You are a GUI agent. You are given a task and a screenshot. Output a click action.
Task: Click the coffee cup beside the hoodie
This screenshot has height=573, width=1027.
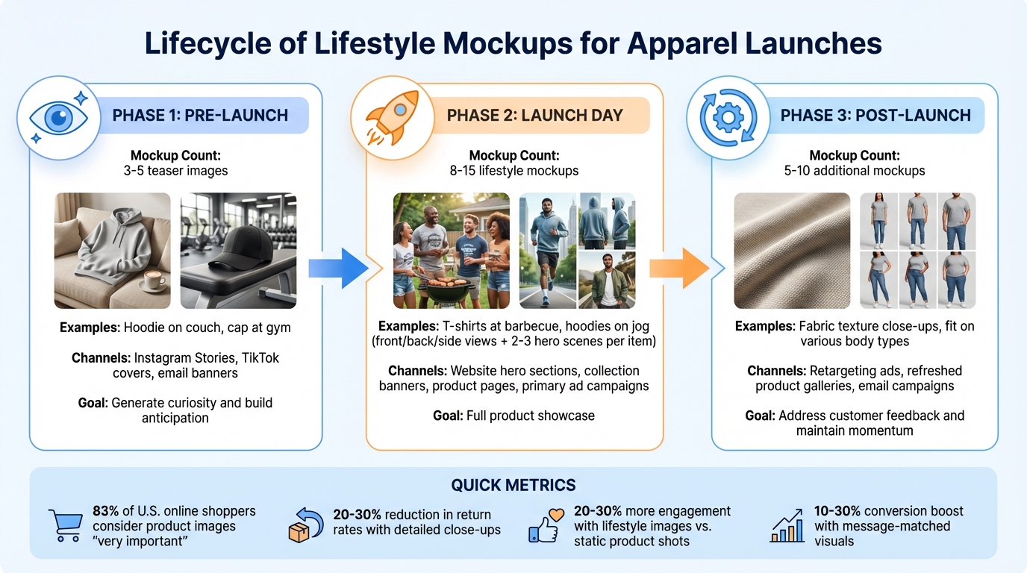pyautogui.click(x=152, y=283)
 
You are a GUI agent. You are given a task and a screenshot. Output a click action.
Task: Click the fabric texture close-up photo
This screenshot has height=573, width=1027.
pyautogui.click(x=792, y=251)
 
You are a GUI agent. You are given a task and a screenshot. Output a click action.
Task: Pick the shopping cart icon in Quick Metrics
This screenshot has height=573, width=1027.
pyautogui.click(x=66, y=525)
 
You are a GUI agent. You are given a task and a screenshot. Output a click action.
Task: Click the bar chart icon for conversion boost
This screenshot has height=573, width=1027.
pyautogui.click(x=787, y=527)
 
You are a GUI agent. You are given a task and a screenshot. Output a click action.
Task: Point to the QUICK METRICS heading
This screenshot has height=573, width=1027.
pyautogui.click(x=513, y=485)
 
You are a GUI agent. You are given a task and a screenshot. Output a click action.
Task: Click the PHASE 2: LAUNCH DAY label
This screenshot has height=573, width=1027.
pyautogui.click(x=534, y=116)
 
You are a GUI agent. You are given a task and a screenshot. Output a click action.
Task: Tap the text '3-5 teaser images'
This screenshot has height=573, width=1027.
pyautogui.click(x=176, y=171)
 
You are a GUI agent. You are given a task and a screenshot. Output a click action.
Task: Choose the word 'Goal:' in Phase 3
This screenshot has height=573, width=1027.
pyautogui.click(x=761, y=416)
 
